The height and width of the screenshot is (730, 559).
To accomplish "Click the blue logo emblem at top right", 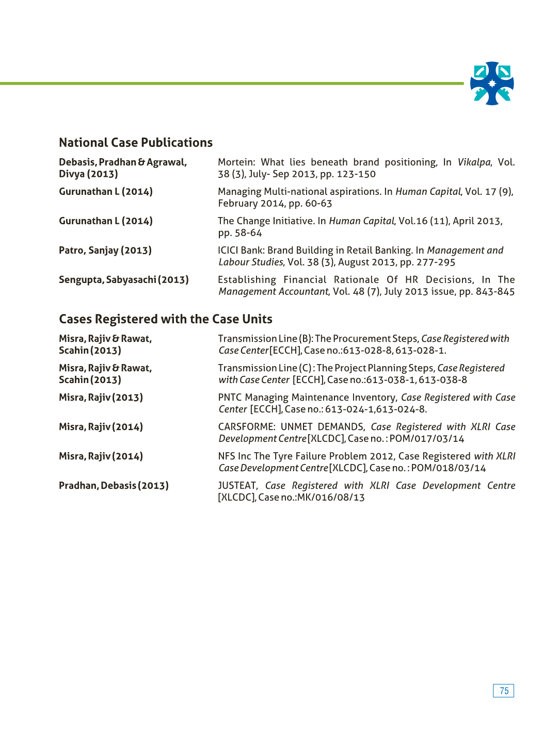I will pyautogui.click(x=492, y=84).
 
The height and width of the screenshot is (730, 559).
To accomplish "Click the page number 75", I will pyautogui.click(x=504, y=691).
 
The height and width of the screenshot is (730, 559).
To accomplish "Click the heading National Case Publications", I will pyautogui.click(x=136, y=143).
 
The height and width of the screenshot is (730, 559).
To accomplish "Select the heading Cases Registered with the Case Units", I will pyautogui.click(x=166, y=319).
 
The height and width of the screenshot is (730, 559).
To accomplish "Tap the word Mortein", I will pyautogui.click(x=235, y=162).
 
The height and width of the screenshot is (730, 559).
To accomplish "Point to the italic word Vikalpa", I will pyautogui.click(x=474, y=162).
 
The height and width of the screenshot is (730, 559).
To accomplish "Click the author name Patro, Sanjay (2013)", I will pyautogui.click(x=105, y=251).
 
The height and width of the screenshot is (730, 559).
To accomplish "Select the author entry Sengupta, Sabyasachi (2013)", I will pyautogui.click(x=124, y=280).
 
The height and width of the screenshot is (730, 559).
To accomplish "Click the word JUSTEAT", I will pyautogui.click(x=237, y=486).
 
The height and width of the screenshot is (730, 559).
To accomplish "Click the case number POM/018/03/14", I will pyautogui.click(x=449, y=468).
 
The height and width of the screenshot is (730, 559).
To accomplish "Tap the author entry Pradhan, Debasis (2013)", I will pyautogui.click(x=114, y=486).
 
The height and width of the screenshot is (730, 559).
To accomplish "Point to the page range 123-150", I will pyautogui.click(x=356, y=174).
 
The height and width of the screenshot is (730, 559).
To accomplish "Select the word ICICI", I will pyautogui.click(x=229, y=251).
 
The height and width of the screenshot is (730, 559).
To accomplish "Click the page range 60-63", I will pyautogui.click(x=318, y=204).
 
